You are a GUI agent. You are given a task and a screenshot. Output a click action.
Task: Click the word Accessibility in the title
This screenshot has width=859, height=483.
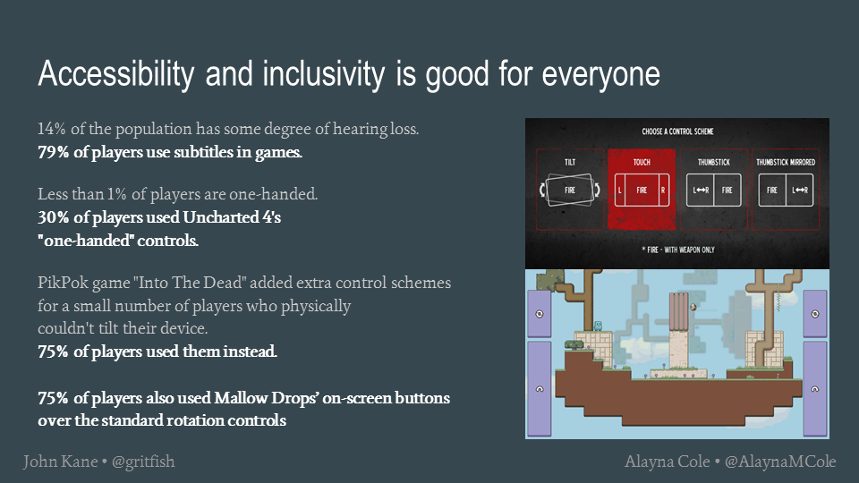pos(116,73)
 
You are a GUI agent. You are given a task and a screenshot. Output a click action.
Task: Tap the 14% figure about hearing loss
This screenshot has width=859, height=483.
pos(52,129)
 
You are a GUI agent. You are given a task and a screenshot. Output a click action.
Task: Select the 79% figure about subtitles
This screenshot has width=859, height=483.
pos(53,152)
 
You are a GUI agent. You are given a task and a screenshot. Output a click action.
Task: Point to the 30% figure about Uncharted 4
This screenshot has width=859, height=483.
pos(53,217)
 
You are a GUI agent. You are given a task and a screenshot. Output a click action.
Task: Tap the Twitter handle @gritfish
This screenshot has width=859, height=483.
pos(143,462)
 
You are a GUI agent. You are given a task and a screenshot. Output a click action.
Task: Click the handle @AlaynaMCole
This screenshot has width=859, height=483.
pos(780,462)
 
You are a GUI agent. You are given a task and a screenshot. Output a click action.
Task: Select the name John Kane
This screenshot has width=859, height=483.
pos(60,462)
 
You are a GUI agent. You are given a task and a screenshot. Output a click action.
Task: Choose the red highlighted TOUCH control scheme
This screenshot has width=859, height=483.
pos(642,190)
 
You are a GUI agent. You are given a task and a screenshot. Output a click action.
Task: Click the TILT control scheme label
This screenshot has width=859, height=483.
pos(570,162)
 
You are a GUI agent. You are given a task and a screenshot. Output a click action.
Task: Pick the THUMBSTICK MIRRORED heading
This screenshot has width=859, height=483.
pos(786,162)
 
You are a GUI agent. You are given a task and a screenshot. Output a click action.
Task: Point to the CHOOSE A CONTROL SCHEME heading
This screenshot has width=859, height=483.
pos(677,131)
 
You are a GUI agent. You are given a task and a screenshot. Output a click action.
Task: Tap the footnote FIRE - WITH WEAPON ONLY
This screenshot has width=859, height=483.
pos(678,250)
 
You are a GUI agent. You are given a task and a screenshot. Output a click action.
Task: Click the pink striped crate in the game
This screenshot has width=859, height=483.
pos(679,311)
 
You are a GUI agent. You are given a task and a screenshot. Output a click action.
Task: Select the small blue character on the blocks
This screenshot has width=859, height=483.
pos(599,326)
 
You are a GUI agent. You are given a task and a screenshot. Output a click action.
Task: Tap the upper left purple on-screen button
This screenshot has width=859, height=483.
pos(540,314)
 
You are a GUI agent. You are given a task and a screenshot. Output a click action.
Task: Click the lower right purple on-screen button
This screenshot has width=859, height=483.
pos(815,389)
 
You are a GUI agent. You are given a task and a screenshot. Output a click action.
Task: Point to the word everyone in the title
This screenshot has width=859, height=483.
pos(601,74)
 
